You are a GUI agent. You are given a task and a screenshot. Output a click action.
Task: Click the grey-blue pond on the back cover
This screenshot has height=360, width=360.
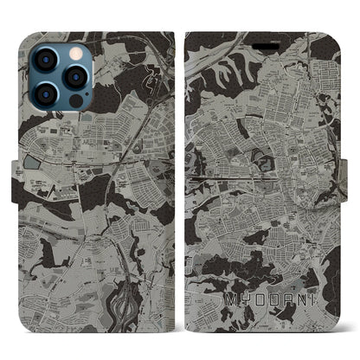click(x=34, y=162)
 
